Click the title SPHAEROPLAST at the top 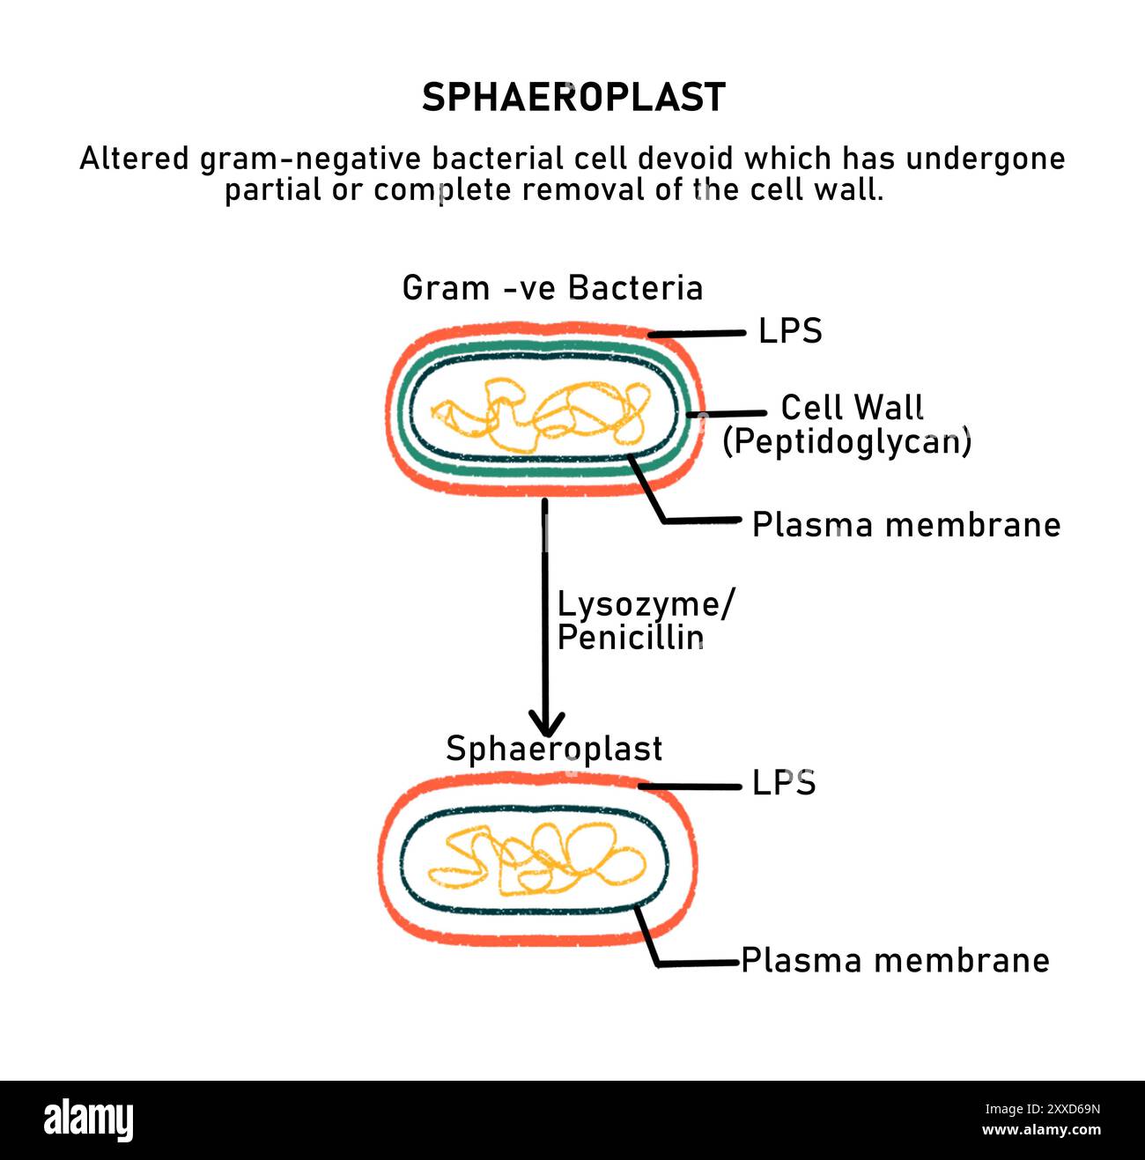[573, 98]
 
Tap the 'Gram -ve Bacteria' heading [552, 288]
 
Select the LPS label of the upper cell [790, 331]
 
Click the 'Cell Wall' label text [852, 408]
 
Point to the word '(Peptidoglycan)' [846, 441]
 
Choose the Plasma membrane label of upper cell [905, 525]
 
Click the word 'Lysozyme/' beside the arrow [646, 605]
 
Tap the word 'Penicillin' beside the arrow [630, 638]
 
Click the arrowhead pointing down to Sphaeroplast [546, 724]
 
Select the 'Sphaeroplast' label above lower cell [554, 749]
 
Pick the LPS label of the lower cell [783, 783]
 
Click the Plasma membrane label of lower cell [895, 960]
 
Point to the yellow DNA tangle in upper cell [540, 415]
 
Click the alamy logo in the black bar [89, 1120]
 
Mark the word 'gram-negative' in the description [311, 159]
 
